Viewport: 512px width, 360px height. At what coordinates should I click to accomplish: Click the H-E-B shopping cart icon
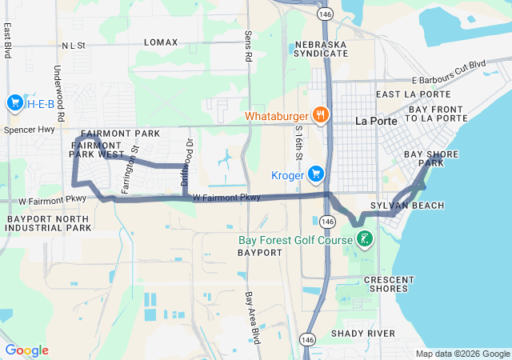click(14, 103)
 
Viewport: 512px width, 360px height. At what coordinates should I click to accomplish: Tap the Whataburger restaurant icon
click(321, 114)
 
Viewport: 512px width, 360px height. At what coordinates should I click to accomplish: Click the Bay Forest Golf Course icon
click(364, 238)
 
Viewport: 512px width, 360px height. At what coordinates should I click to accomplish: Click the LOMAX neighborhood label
click(161, 42)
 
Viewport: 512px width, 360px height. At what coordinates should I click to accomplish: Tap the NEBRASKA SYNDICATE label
click(322, 48)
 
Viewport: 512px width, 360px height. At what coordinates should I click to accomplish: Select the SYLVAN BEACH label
click(418, 206)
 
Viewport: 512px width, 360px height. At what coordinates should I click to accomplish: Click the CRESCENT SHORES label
click(390, 283)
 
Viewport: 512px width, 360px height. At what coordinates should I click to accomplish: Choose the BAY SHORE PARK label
click(424, 158)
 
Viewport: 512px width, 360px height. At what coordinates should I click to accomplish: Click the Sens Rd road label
click(247, 47)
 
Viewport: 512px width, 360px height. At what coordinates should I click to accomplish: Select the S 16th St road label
click(298, 141)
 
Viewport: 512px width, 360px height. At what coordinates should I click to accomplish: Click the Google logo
click(27, 350)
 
